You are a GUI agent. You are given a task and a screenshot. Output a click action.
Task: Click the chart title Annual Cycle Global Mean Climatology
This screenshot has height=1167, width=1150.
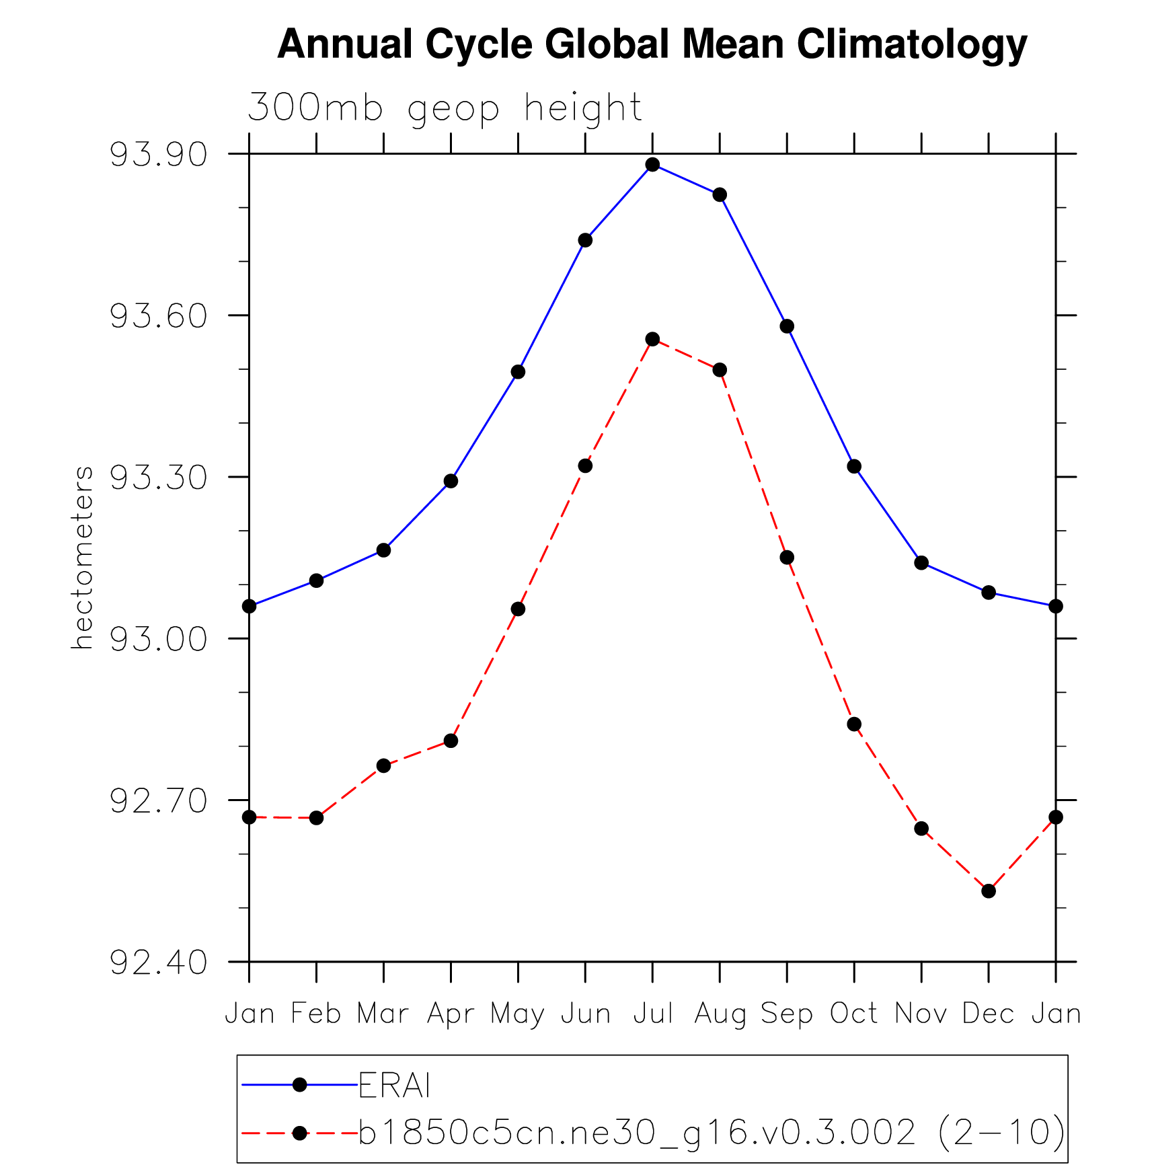(652, 44)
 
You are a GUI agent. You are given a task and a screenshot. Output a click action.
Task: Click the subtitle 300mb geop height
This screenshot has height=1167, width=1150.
(445, 108)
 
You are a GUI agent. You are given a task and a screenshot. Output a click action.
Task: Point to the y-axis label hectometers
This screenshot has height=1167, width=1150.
(82, 558)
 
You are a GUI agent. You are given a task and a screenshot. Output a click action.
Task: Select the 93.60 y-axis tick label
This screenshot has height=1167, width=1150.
(159, 316)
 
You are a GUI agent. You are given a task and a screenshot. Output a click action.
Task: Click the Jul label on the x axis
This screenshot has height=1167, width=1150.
(653, 1014)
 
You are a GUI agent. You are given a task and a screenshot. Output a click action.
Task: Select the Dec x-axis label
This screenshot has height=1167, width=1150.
(988, 1014)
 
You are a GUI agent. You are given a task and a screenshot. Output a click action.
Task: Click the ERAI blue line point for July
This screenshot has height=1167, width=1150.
(652, 164)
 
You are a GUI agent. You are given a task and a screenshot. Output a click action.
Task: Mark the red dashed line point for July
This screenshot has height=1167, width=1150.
(652, 339)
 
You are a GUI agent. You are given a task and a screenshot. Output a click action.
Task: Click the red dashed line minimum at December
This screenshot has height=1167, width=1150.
(988, 891)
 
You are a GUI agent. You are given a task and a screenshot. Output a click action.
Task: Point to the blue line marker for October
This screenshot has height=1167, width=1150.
(854, 466)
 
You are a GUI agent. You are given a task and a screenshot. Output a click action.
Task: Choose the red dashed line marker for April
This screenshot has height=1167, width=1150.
(451, 741)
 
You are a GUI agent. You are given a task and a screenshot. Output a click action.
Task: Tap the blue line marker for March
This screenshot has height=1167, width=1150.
(383, 550)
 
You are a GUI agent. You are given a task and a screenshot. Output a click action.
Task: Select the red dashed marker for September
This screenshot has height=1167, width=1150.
(787, 558)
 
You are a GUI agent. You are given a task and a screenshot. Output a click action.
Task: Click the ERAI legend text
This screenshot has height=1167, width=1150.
(394, 1085)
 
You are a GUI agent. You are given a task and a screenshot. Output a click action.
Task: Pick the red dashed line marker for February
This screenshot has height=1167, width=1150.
(316, 818)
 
